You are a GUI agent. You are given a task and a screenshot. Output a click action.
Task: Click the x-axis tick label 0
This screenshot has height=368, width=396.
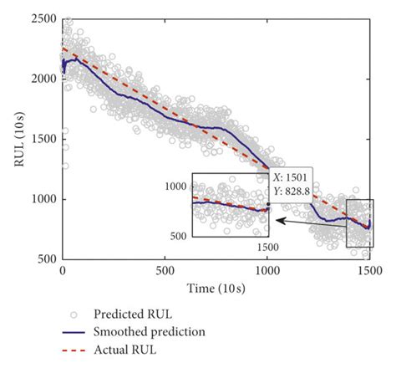pos(63,272)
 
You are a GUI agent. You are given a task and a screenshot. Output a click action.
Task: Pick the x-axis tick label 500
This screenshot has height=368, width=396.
pos(165,272)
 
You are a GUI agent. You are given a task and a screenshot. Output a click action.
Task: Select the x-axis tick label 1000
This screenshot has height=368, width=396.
pos(267,272)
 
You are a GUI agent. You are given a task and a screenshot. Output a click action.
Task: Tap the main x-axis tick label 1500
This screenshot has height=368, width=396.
pos(368,272)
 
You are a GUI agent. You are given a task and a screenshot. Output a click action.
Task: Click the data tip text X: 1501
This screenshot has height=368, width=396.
pos(292,176)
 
